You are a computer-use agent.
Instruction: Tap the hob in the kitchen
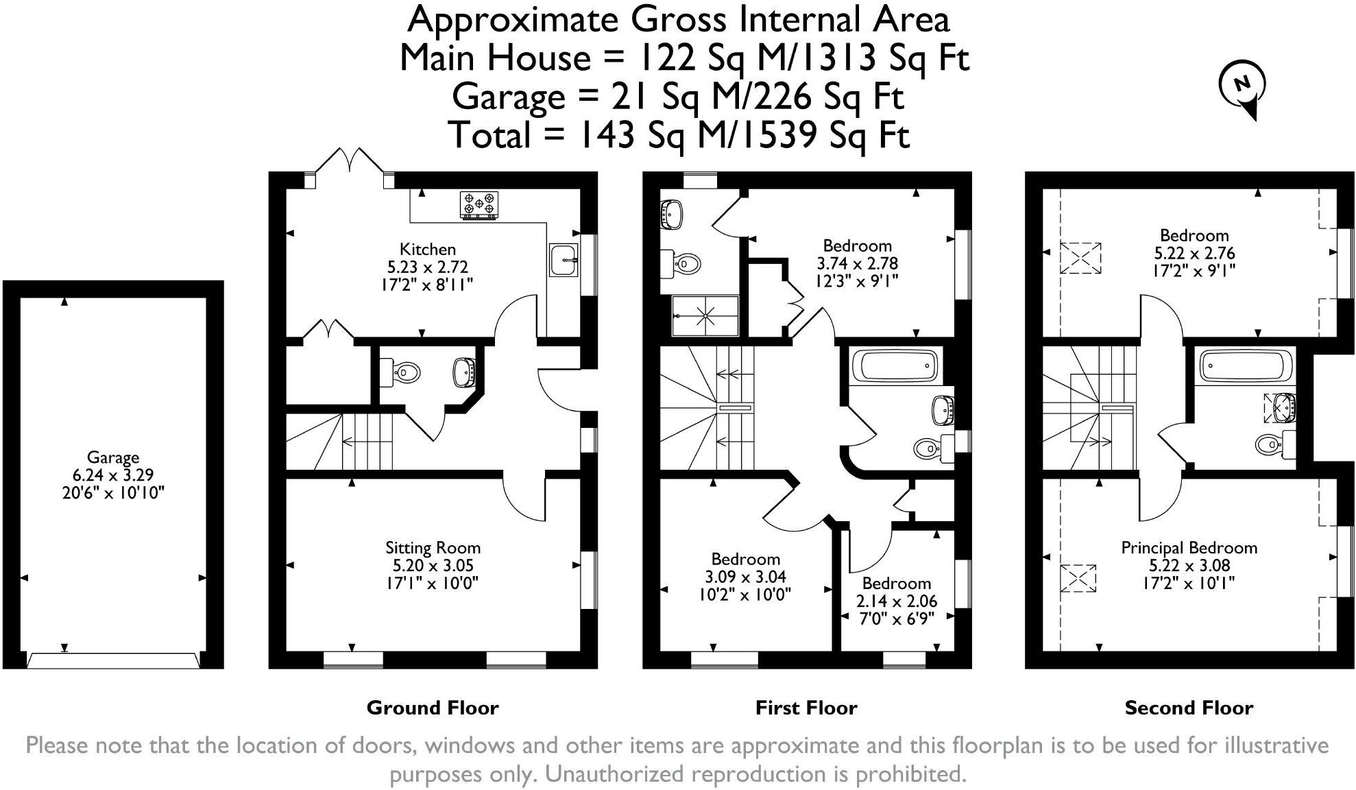(x=479, y=204)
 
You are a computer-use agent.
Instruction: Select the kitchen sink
(x=563, y=260)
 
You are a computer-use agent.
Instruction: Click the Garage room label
(x=113, y=457)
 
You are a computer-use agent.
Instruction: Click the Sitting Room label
(x=433, y=548)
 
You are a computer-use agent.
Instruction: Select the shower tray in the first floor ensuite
(x=705, y=315)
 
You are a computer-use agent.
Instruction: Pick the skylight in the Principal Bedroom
(x=1078, y=578)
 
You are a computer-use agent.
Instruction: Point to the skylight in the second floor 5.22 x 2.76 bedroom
(x=1080, y=258)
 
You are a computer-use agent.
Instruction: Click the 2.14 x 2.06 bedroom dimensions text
(x=896, y=601)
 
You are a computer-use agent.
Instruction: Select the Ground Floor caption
(x=433, y=708)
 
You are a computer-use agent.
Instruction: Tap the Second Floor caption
(x=1189, y=708)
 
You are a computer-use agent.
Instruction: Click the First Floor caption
(x=806, y=708)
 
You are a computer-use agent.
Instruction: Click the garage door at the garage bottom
(x=113, y=660)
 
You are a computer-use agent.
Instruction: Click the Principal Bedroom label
(x=1189, y=548)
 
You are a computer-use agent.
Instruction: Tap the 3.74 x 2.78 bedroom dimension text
(x=857, y=263)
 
